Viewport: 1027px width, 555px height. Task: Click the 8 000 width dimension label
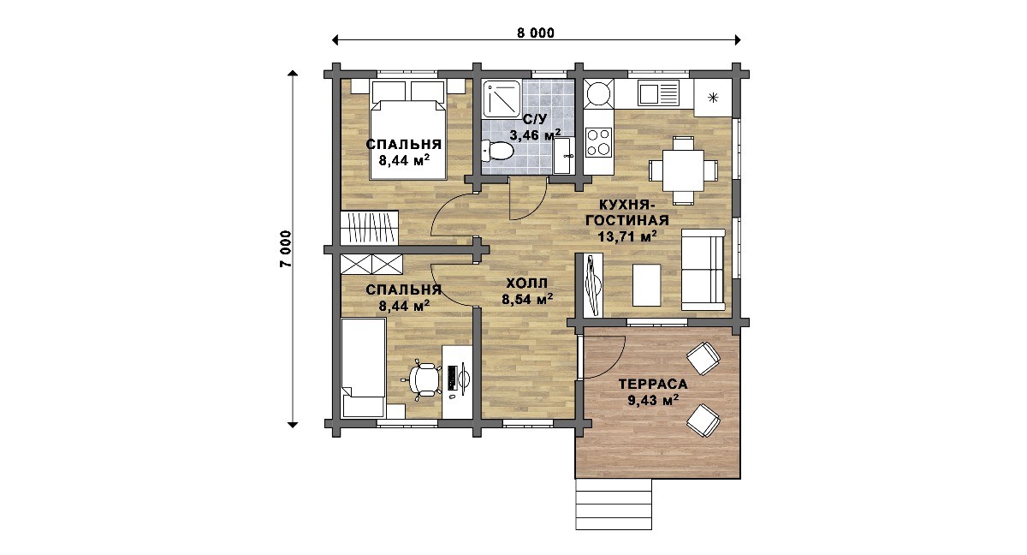click(x=536, y=33)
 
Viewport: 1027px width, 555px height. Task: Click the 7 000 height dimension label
click(x=286, y=248)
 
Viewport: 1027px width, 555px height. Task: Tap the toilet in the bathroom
click(x=497, y=151)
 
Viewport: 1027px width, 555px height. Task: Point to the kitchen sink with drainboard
click(x=658, y=93)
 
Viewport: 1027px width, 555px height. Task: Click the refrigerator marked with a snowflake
click(x=712, y=98)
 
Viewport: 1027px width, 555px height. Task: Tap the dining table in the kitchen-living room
click(x=683, y=170)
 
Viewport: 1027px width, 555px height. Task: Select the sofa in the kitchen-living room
click(x=703, y=270)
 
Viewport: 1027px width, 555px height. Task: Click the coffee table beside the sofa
click(x=646, y=285)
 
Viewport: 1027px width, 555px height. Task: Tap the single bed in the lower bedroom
click(x=363, y=368)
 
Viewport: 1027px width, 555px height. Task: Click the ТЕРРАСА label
click(x=653, y=384)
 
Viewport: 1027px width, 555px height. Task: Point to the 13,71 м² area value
click(x=627, y=236)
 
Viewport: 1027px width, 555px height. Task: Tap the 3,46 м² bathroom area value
click(x=535, y=134)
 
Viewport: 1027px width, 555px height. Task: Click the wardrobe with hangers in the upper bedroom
click(x=369, y=228)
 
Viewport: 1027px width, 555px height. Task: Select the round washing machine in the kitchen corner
click(x=599, y=94)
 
